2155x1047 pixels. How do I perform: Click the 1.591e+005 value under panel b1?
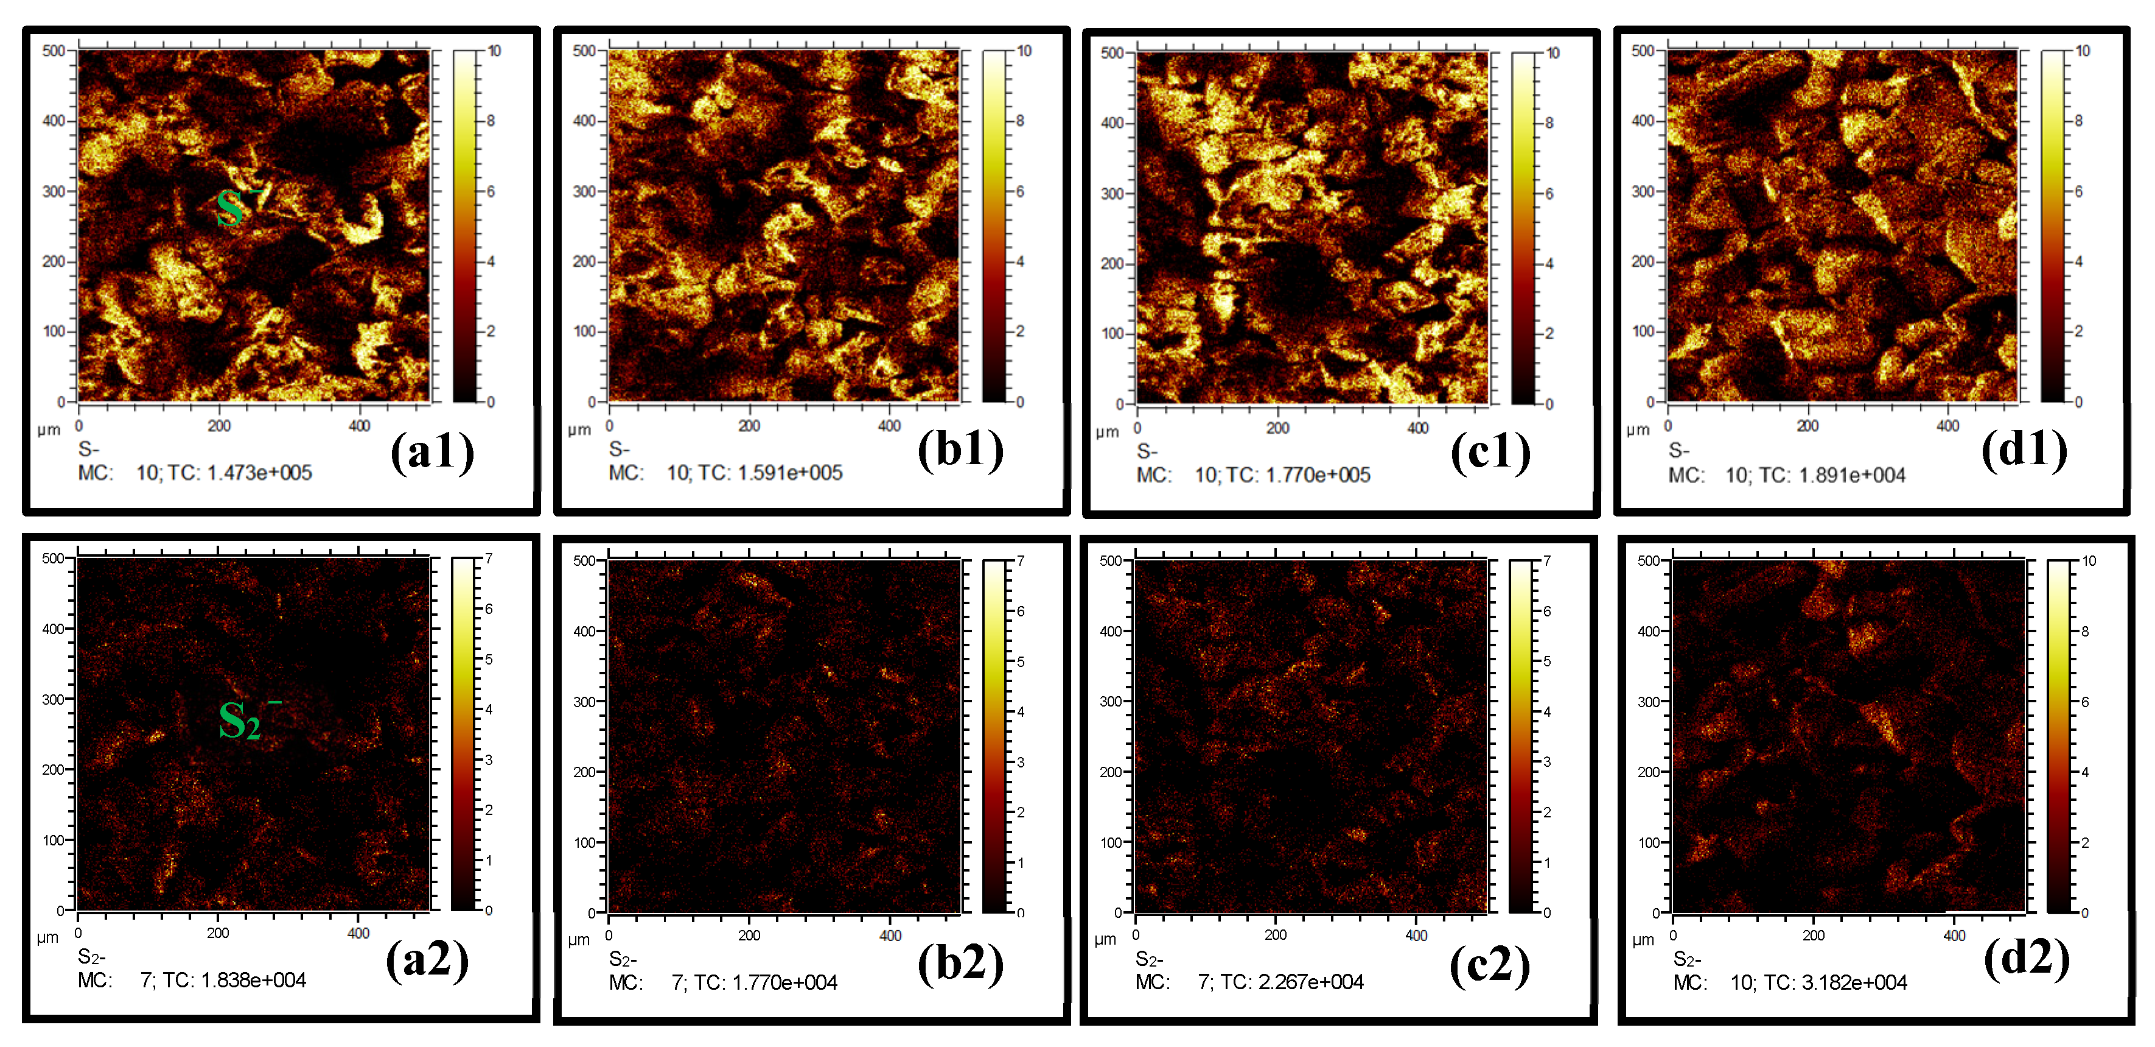coord(790,473)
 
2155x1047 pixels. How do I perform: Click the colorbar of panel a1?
coord(465,226)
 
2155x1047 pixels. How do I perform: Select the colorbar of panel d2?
coord(2059,736)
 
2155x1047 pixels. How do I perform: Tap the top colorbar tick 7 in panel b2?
coord(1021,561)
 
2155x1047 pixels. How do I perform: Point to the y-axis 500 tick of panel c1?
coord(1112,54)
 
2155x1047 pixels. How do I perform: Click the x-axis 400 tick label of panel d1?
coord(1947,426)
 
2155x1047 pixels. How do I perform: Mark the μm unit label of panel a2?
coord(47,937)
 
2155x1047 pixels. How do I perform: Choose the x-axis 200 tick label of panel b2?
coord(749,936)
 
